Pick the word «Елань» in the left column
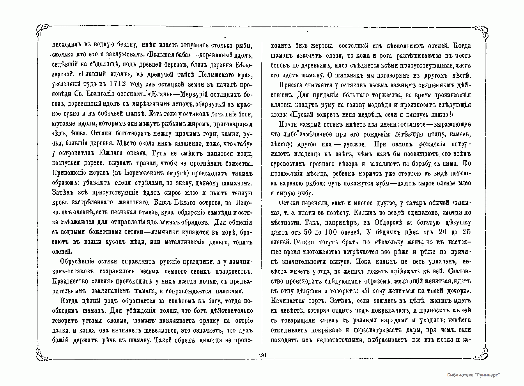click(159, 94)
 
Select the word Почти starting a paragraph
click(288, 125)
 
